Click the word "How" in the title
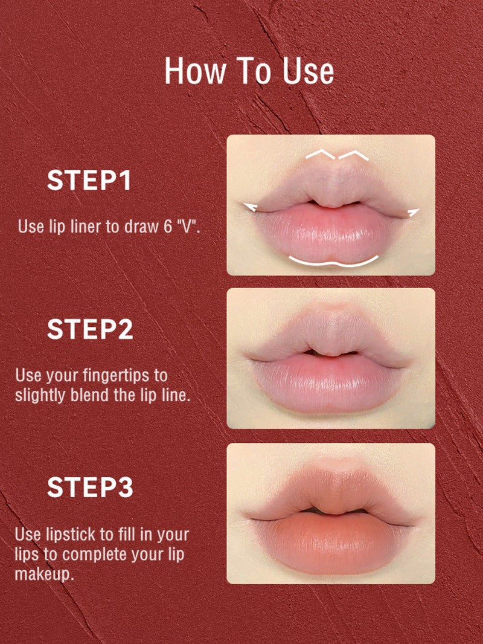pyautogui.click(x=195, y=71)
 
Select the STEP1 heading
pyautogui.click(x=89, y=180)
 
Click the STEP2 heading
pyautogui.click(x=90, y=329)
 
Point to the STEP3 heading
pyautogui.click(x=90, y=487)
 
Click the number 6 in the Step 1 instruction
pyautogui.click(x=168, y=227)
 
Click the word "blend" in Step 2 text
pyautogui.click(x=91, y=395)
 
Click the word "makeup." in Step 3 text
pyautogui.click(x=44, y=574)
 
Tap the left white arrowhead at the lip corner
pyautogui.click(x=250, y=207)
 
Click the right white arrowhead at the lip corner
pyautogui.click(x=413, y=212)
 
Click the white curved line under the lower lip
pyautogui.click(x=333, y=263)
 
